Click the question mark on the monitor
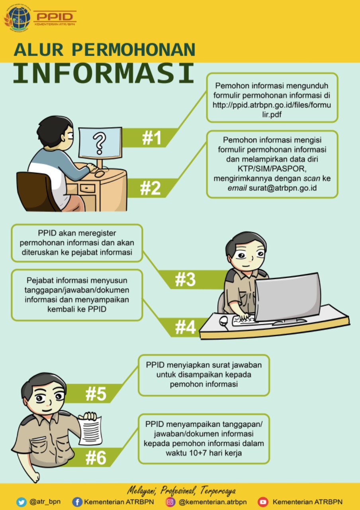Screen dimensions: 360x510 pyautogui.click(x=99, y=144)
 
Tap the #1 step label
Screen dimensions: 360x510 pyautogui.click(x=152, y=138)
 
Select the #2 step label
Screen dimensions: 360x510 pyautogui.click(x=151, y=188)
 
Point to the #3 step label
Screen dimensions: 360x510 pyautogui.click(x=185, y=280)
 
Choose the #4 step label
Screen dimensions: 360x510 pyautogui.click(x=185, y=327)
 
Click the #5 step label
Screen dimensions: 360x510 pyautogui.click(x=96, y=394)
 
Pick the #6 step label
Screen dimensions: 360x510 pyautogui.click(x=96, y=458)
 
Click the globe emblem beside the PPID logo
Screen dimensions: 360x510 pyautogui.click(x=18, y=18)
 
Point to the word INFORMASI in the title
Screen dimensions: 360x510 pyautogui.click(x=104, y=74)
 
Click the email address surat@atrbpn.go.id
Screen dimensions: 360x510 pyautogui.click(x=283, y=188)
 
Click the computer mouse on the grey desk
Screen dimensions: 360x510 pyautogui.click(x=223, y=320)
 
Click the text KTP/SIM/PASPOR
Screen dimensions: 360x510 pyautogui.click(x=272, y=169)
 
